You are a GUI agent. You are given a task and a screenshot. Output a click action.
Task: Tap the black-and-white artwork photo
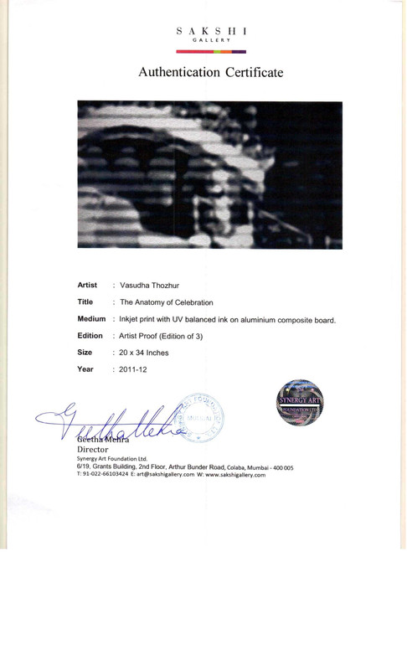click(x=209, y=174)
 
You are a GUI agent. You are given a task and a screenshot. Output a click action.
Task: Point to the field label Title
click(x=85, y=302)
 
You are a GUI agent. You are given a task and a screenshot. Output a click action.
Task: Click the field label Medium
click(x=91, y=319)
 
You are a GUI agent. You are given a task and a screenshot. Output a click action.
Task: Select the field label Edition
click(x=90, y=336)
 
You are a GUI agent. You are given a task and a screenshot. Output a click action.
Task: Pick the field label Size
click(x=85, y=353)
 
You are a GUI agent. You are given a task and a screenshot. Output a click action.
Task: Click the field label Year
click(x=85, y=369)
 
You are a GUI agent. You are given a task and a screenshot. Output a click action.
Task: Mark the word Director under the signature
click(x=93, y=450)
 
